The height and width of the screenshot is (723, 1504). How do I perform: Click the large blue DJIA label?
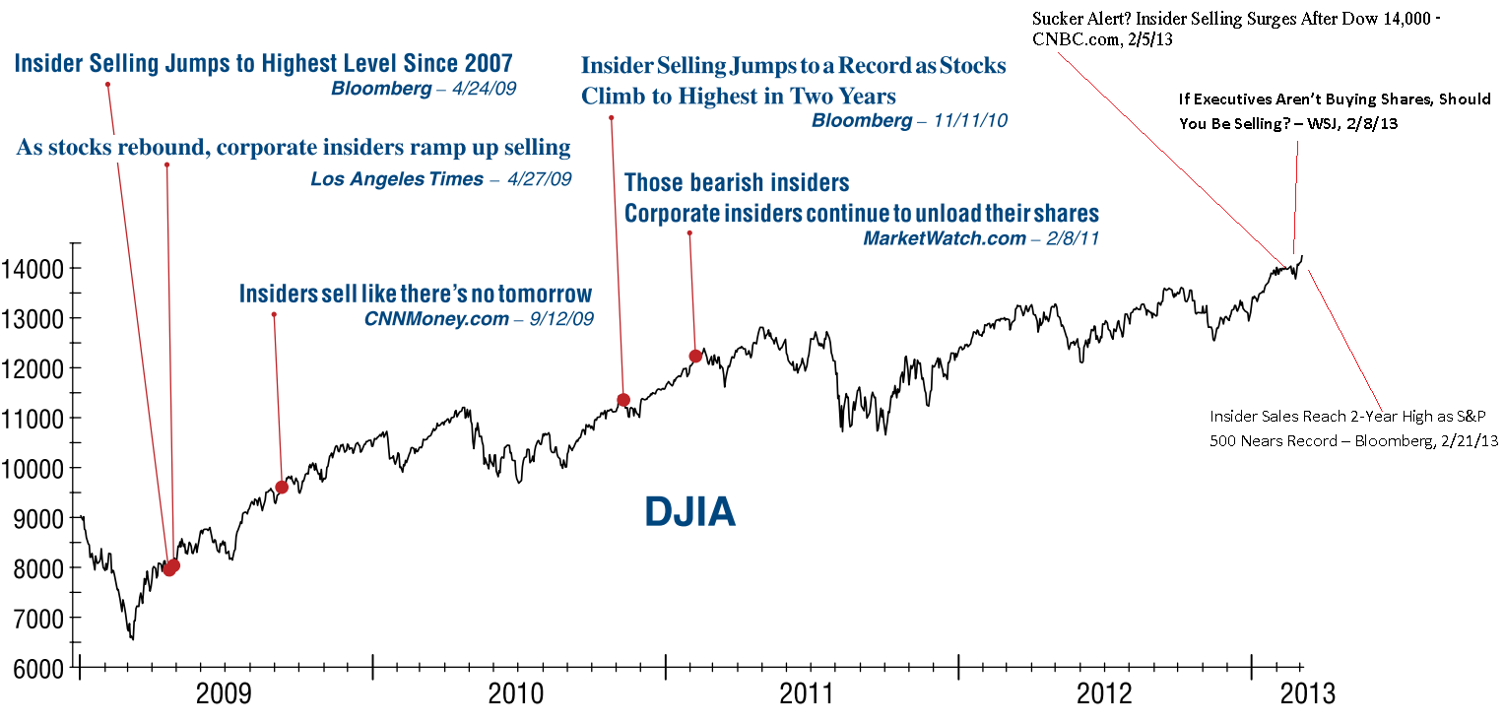690,512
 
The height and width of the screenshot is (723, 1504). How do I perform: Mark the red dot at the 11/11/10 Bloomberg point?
622,400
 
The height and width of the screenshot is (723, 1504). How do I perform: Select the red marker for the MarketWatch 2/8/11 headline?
695,356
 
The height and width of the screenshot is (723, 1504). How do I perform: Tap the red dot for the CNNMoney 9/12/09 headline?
282,488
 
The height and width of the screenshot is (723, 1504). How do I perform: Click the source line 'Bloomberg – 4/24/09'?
424,89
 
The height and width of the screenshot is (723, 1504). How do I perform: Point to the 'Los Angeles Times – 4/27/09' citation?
440,179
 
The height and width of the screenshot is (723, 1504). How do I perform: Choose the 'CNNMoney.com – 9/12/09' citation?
479,319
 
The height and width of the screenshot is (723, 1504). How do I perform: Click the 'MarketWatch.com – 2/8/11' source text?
981,238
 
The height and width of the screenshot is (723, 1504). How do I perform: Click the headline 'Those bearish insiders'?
737,183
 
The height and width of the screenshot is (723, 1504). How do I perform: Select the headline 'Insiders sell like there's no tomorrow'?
416,294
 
